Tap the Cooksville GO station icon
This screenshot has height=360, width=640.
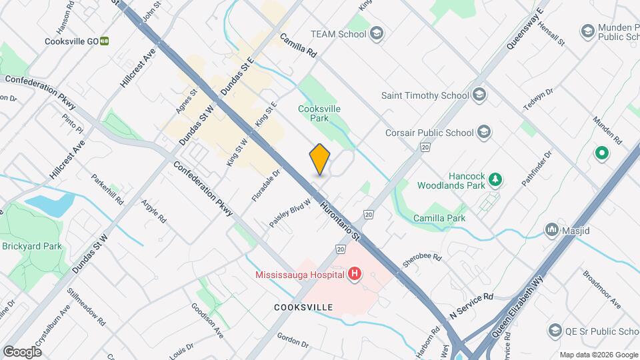(x=105, y=41)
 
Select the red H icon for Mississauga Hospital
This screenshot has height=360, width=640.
(x=354, y=273)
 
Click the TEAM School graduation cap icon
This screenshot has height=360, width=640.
(x=377, y=33)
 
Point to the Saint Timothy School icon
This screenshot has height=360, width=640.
(x=479, y=95)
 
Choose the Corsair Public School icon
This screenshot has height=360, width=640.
(x=484, y=132)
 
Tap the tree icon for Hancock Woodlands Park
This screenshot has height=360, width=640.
(x=495, y=179)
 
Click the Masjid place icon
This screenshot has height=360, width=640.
(x=551, y=230)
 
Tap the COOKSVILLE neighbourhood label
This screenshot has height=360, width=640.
(x=302, y=307)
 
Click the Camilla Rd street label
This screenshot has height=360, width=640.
(x=297, y=47)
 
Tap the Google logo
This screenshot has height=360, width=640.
(x=22, y=351)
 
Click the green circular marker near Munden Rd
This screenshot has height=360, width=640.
(x=601, y=155)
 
